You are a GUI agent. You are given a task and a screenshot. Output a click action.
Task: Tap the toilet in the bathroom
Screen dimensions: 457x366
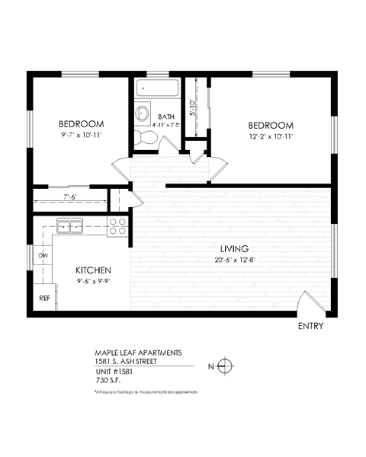click(146, 137)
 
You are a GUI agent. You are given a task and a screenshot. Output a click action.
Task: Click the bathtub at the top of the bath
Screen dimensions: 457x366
click(159, 88)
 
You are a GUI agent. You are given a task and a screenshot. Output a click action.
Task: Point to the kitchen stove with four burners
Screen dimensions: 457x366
click(117, 225)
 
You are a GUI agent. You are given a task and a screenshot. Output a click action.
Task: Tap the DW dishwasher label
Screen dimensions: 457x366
click(43, 256)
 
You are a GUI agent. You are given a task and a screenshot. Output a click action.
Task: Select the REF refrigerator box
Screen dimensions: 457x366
click(45, 298)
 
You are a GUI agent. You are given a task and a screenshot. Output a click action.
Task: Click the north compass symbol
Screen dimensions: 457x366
click(223, 366)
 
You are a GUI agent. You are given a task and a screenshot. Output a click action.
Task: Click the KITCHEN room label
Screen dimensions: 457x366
click(94, 270)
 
